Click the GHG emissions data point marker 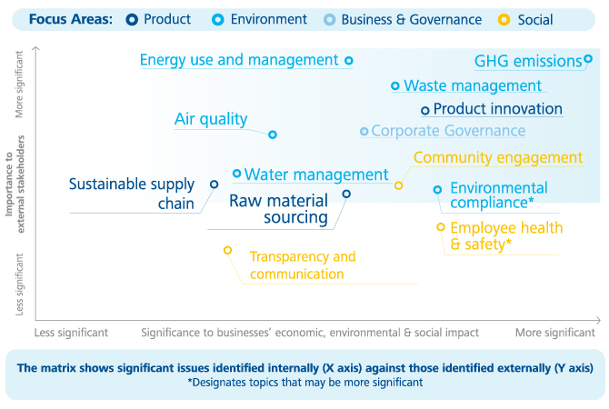click(x=588, y=59)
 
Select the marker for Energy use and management click(x=349, y=61)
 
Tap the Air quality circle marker click(x=273, y=135)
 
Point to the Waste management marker click(x=395, y=85)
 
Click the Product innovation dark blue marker click(x=425, y=111)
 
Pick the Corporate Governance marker click(x=364, y=131)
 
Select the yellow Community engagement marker click(x=398, y=185)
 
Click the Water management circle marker click(x=236, y=174)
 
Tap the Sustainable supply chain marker click(x=214, y=185)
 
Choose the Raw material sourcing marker click(x=346, y=194)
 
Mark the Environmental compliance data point click(x=437, y=190)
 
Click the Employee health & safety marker click(x=441, y=227)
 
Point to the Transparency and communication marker click(x=228, y=251)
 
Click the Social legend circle click(x=504, y=20)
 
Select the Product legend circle click(x=132, y=20)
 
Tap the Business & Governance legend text click(x=412, y=19)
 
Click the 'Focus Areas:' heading click(x=71, y=19)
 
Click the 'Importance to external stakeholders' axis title click(x=15, y=184)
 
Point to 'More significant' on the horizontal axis click(x=555, y=333)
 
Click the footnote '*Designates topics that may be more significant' click(x=305, y=383)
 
